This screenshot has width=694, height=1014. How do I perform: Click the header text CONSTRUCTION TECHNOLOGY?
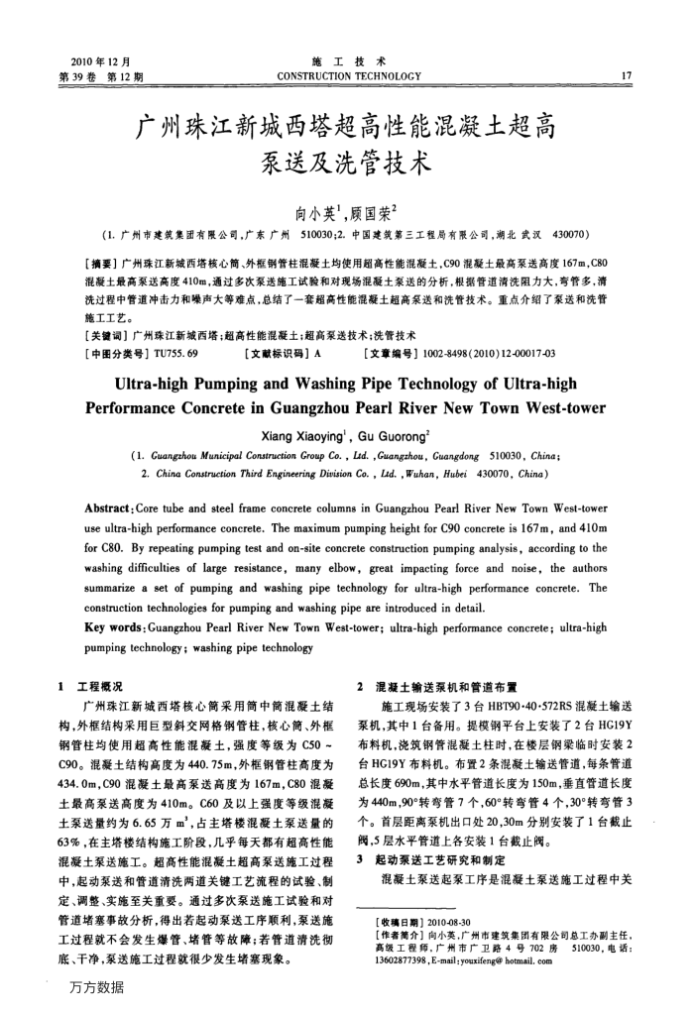[x=346, y=72]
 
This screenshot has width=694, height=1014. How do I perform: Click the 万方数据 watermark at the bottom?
[x=99, y=987]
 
